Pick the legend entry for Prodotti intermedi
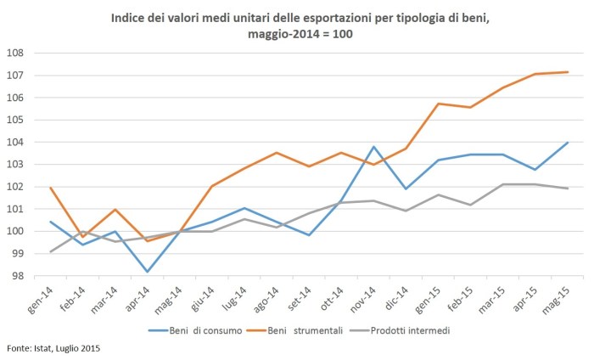click(x=413, y=329)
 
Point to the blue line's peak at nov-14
click(x=374, y=147)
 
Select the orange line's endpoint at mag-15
click(x=568, y=72)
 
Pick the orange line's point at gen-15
click(x=439, y=104)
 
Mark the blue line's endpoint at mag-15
click(x=568, y=143)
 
